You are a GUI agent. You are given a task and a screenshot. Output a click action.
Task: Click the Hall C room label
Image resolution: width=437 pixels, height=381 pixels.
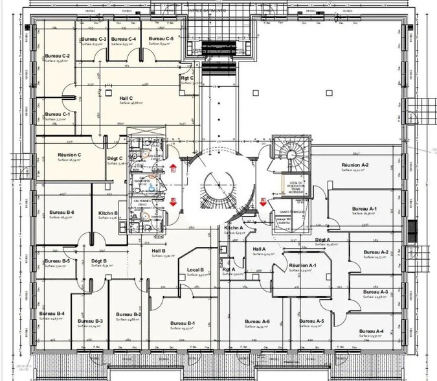pyautogui.click(x=126, y=98)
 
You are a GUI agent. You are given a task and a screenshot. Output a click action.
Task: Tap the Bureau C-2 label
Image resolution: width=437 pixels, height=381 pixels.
pyautogui.click(x=57, y=56)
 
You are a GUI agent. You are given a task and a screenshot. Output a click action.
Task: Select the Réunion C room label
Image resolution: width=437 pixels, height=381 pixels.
pyautogui.click(x=69, y=155)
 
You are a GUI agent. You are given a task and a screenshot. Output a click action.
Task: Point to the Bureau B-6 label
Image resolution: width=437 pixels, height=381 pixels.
pyautogui.click(x=62, y=213)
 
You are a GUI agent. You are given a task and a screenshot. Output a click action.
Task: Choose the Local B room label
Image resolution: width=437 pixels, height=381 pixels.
pyautogui.click(x=196, y=270)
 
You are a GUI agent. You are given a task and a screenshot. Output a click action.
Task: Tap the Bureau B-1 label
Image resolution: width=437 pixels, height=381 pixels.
pyautogui.click(x=183, y=323)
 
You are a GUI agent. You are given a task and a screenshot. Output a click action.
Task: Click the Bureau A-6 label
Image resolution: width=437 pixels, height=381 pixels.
pyautogui.click(x=256, y=322)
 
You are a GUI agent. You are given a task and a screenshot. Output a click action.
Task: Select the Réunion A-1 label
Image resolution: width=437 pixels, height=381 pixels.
pyautogui.click(x=302, y=266)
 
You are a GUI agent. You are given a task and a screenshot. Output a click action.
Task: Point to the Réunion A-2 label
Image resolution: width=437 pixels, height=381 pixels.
pyautogui.click(x=355, y=166)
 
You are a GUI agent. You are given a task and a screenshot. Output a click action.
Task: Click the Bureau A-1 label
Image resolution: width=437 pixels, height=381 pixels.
pyautogui.click(x=364, y=209)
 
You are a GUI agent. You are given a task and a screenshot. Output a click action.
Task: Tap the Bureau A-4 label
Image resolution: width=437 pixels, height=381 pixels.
pyautogui.click(x=370, y=331)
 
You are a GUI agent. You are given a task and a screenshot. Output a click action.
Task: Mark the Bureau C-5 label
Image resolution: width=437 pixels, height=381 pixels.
pyautogui.click(x=161, y=40)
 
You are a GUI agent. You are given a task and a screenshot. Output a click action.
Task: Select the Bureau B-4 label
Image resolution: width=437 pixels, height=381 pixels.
pyautogui.click(x=52, y=314)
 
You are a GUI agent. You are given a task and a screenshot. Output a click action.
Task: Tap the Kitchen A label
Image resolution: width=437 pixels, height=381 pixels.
pyautogui.click(x=233, y=228)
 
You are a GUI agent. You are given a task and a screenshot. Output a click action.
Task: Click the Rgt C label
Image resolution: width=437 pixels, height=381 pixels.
pyautogui.click(x=188, y=78)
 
